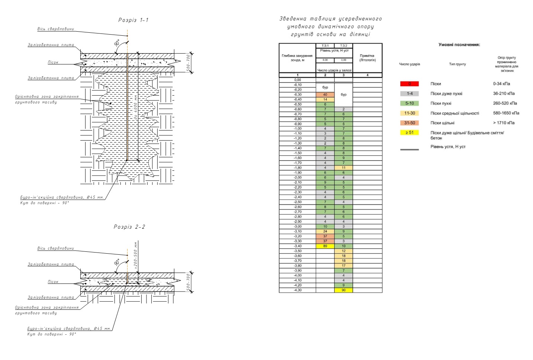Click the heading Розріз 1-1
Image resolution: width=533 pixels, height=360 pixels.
click(133, 20)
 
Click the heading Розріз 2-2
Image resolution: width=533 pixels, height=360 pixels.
click(129, 227)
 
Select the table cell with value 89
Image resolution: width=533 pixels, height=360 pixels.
click(325, 246)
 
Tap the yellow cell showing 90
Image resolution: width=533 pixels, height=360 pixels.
click(343, 290)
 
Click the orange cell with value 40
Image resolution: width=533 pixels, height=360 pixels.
click(325, 94)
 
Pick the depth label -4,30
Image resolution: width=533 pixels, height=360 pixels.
click(297, 290)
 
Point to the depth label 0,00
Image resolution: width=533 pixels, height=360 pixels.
click(297, 80)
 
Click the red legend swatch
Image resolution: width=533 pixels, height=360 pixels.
click(409, 84)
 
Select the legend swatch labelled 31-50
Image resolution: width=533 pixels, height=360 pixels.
click(409, 123)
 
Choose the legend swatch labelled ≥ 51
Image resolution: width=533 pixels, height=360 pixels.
click(409, 132)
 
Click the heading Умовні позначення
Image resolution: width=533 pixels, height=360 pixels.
click(459, 45)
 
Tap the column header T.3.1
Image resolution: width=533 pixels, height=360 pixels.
click(325, 46)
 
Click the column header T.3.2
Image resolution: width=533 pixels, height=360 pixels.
click(343, 46)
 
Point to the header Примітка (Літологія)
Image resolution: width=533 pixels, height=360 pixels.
click(367, 58)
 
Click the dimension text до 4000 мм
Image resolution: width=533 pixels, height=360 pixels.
click(136, 108)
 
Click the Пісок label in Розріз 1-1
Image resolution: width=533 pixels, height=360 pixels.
click(53, 62)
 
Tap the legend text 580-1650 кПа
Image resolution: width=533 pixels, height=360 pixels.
click(506, 113)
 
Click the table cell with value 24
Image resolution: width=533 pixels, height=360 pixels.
click(325, 231)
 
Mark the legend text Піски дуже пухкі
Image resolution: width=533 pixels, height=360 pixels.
click(446, 94)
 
